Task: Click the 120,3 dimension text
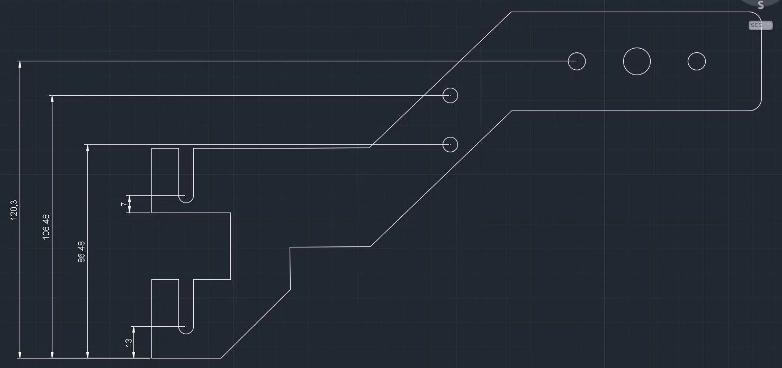pyautogui.click(x=14, y=210)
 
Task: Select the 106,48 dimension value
pyautogui.click(x=46, y=227)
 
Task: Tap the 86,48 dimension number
pyautogui.click(x=82, y=252)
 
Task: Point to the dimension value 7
pyautogui.click(x=124, y=204)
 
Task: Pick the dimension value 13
pyautogui.click(x=129, y=343)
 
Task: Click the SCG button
pyautogui.click(x=760, y=25)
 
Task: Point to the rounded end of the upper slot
pyautogui.click(x=186, y=203)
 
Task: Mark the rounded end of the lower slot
pyautogui.click(x=186, y=334)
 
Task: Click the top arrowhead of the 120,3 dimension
pyautogui.click(x=20, y=65)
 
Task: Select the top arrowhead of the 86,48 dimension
pyautogui.click(x=88, y=148)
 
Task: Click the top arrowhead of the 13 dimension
pyautogui.click(x=134, y=330)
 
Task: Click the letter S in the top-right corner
pyautogui.click(x=761, y=5)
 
